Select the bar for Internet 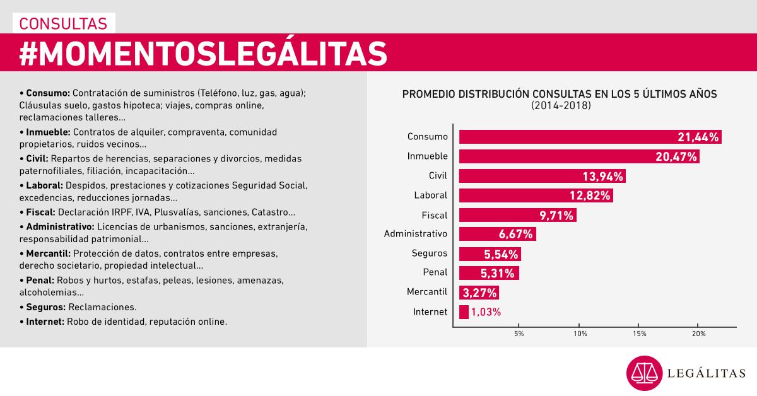coord(464,312)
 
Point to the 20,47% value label coord(676,156)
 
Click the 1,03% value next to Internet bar coord(486,312)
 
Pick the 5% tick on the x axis coord(519,333)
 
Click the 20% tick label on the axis coord(698,333)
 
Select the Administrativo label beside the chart coord(415,234)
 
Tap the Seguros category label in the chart coord(429,253)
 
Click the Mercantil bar coord(478,292)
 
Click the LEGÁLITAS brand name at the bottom coord(707,374)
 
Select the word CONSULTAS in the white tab coord(63,23)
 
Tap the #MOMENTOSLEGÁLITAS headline coord(202,53)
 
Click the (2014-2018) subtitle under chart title coord(560,105)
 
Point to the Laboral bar coord(536,195)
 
